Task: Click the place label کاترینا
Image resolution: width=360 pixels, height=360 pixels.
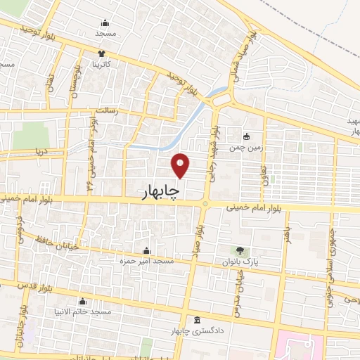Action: pos(103,64)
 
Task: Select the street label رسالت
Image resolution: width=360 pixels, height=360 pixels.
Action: pos(107,111)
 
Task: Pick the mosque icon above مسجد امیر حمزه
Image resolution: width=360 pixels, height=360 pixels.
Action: pos(146,251)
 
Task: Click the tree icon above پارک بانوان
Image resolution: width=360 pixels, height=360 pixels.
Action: pos(241,250)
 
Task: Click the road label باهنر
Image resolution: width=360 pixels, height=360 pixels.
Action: pos(287,233)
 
